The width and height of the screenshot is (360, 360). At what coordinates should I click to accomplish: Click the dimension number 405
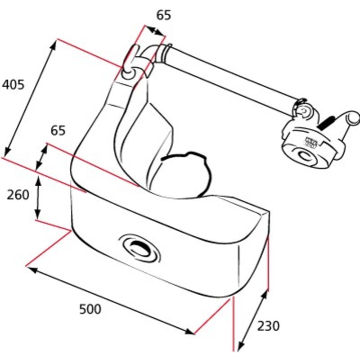[13, 85]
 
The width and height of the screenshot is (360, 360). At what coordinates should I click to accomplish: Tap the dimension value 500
[90, 309]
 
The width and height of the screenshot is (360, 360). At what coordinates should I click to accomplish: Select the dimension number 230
[268, 326]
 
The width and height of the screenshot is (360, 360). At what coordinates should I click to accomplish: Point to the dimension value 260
[18, 195]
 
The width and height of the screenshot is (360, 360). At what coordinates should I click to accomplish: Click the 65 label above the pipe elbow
[164, 15]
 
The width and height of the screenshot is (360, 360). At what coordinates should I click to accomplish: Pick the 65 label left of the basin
[58, 130]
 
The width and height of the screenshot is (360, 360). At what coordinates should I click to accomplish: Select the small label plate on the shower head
[311, 142]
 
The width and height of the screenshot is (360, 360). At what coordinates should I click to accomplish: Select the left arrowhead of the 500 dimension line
[32, 270]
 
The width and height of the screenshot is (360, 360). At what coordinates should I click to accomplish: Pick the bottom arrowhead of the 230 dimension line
[240, 352]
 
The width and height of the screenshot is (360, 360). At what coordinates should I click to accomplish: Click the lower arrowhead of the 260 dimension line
[37, 215]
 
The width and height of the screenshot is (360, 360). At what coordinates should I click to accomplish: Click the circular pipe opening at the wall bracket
[128, 73]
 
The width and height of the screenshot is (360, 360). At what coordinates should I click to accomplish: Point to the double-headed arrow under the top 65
[155, 31]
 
